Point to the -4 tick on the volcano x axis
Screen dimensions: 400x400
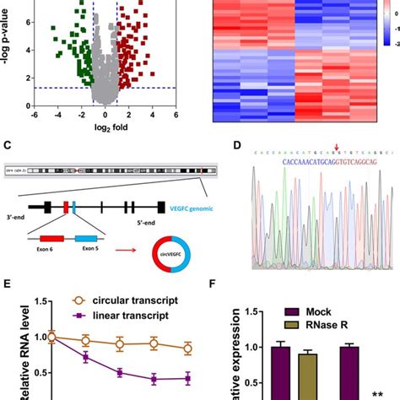[57, 114]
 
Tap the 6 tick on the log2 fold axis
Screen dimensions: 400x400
[176, 114]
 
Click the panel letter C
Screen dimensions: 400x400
[8, 146]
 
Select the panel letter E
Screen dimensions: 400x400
[8, 288]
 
